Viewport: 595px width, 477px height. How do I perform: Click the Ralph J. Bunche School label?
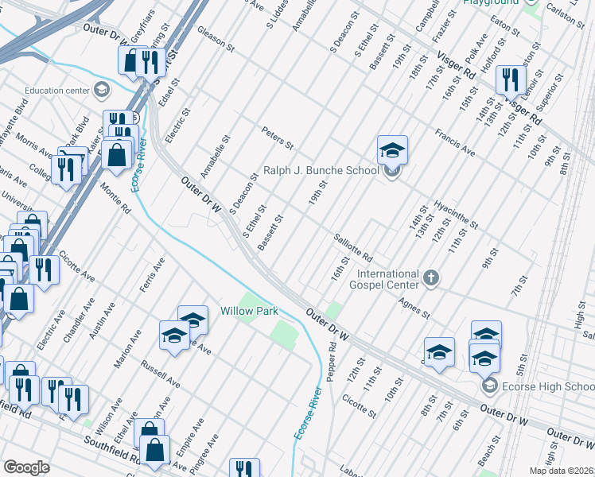321,171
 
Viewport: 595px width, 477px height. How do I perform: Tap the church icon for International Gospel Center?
430,277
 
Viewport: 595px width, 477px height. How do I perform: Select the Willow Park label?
249,311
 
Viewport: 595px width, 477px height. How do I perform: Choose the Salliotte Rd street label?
353,247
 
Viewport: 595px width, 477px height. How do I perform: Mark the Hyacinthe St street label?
456,214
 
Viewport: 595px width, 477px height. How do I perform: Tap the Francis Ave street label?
455,141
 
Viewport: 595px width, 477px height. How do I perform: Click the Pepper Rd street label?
331,362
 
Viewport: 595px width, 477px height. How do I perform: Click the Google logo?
26,467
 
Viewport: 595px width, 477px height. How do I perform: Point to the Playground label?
485,3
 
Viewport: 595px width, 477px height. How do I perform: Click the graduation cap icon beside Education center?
101,90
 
